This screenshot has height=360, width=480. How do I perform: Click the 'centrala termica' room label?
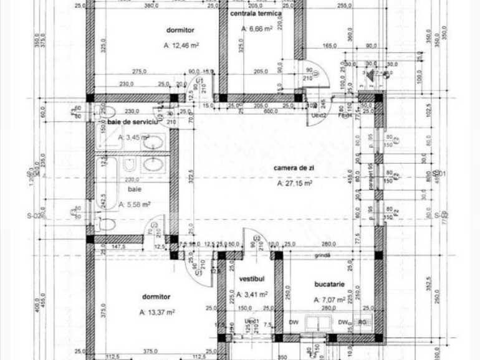256,12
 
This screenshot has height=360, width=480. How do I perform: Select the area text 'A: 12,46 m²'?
181,45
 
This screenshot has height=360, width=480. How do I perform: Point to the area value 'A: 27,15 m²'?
294,184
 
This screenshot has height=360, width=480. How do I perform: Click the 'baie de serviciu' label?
129,122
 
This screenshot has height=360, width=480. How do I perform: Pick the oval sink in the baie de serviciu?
153,143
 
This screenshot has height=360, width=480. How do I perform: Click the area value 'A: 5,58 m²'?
134,204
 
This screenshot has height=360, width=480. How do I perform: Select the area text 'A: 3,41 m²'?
254,295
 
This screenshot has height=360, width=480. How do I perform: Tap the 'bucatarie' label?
330,283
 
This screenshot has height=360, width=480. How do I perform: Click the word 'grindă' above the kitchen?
322,255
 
